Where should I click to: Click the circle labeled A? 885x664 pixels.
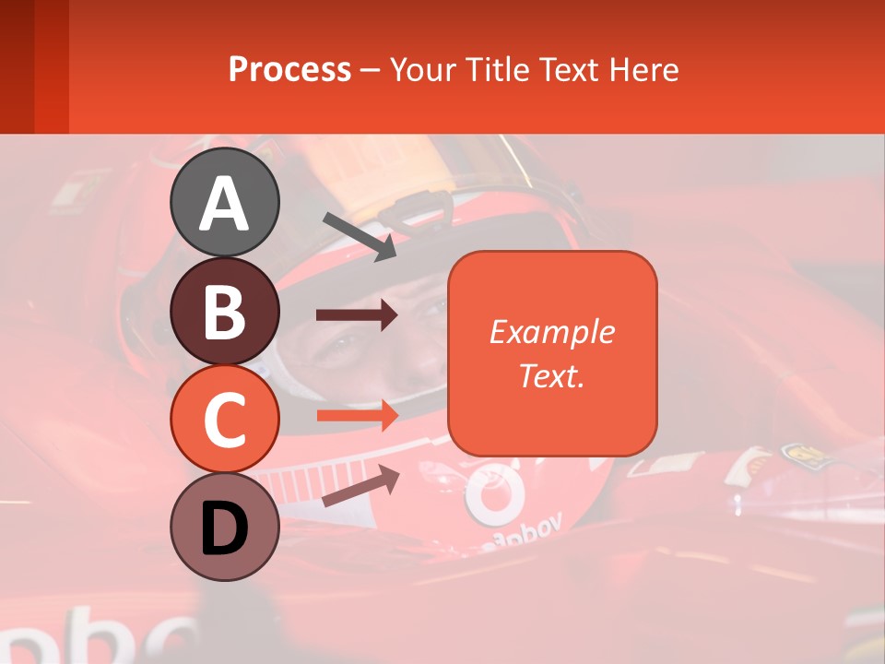[x=225, y=202]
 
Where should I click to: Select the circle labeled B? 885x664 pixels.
[x=225, y=311]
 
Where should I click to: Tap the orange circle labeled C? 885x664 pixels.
[x=225, y=419]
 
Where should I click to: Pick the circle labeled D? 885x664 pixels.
[x=225, y=528]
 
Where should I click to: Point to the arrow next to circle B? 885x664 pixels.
[x=357, y=315]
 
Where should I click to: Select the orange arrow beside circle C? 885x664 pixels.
[x=357, y=416]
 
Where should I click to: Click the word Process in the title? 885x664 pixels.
[x=289, y=69]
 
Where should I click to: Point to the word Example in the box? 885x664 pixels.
[x=551, y=332]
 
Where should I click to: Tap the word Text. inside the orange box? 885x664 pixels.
[x=551, y=375]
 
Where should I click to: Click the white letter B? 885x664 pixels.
[x=225, y=311]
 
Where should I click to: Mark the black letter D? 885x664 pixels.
[x=225, y=528]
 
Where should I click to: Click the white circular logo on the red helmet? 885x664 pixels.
[x=492, y=492]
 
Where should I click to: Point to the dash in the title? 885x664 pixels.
[x=371, y=70]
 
